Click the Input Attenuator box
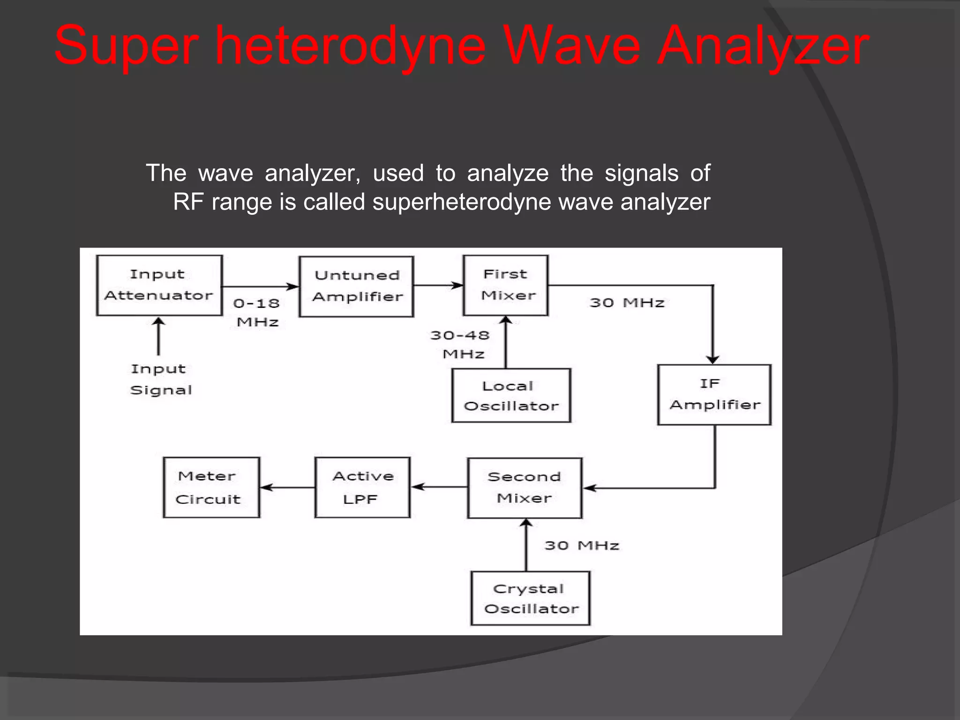[x=159, y=285]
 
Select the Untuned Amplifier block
[x=356, y=286]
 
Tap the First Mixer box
[x=505, y=285]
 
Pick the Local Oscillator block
[x=511, y=396]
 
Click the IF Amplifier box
[x=714, y=395]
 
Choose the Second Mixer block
[x=525, y=488]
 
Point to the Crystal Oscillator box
[x=530, y=599]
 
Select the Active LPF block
[x=362, y=487]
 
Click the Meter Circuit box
[x=211, y=487]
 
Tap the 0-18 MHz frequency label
[x=257, y=312]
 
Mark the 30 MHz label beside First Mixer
[x=627, y=303]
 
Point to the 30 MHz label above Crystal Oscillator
[x=582, y=546]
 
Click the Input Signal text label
[x=160, y=379]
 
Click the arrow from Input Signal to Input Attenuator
[x=158, y=337]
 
